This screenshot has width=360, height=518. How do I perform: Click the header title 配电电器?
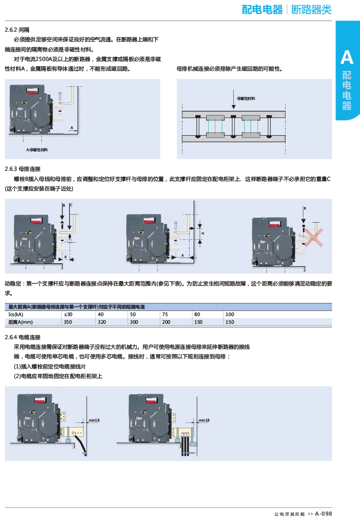[x=262, y=10]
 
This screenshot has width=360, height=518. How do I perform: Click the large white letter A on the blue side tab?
[x=347, y=58]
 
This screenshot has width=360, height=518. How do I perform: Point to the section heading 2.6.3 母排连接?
[x=23, y=169]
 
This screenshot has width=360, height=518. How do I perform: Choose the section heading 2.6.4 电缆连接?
[x=23, y=337]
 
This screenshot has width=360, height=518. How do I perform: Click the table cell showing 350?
[x=68, y=322]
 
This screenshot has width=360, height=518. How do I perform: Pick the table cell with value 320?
[x=101, y=322]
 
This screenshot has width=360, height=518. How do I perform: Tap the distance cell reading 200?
[x=166, y=322]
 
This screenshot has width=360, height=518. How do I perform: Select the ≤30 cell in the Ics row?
[x=68, y=315]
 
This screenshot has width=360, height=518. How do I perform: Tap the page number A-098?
[x=324, y=513]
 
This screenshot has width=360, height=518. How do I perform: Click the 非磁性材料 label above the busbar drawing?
[x=246, y=98]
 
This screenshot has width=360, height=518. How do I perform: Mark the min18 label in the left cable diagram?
[x=94, y=420]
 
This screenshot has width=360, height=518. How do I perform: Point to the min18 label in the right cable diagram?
[x=204, y=420]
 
